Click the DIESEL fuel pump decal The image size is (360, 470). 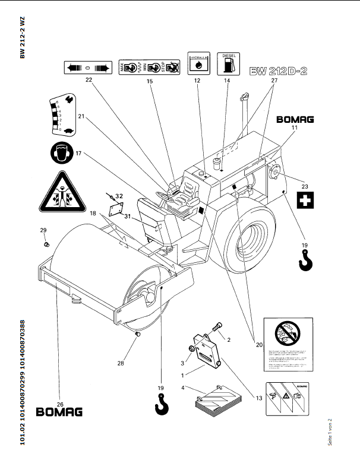tap(229, 62)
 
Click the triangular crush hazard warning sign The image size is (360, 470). tap(61, 192)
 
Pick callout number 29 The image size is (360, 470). tap(43, 230)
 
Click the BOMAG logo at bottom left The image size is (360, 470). tap(59, 411)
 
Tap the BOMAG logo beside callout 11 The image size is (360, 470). tap(295, 119)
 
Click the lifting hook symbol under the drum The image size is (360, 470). tap(160, 404)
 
